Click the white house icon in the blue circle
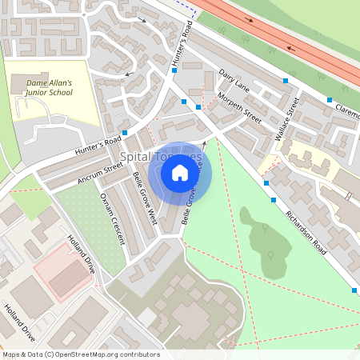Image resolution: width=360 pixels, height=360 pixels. pos(180,171)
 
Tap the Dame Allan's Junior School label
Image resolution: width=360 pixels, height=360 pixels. pos(50,87)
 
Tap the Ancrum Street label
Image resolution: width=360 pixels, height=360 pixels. pos(100,174)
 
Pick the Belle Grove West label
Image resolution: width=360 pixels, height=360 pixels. pos(145,196)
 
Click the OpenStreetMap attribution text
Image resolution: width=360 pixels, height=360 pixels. pos(81,354)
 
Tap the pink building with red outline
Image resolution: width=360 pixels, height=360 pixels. pos(62,271)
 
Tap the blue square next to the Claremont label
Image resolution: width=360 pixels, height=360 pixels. pos(329,100)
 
